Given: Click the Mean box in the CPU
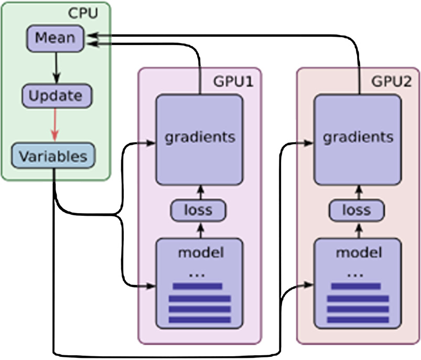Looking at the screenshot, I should [55, 38].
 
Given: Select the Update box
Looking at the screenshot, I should [55, 96].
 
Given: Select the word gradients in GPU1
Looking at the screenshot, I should [199, 137].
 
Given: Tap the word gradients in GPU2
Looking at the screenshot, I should [359, 137].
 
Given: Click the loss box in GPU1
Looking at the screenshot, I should [199, 210].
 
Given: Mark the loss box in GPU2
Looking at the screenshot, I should [357, 210].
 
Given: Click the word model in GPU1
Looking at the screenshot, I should [201, 252].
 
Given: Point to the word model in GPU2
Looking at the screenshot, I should [358, 252].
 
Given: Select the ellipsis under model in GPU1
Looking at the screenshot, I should [197, 274].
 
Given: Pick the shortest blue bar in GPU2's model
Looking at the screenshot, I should [356, 287].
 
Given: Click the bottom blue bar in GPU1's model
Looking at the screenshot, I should [200, 320].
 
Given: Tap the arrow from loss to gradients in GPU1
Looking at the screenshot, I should [199, 190].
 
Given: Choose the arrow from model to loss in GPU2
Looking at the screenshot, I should [357, 229].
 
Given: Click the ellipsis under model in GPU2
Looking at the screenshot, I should [356, 274].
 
